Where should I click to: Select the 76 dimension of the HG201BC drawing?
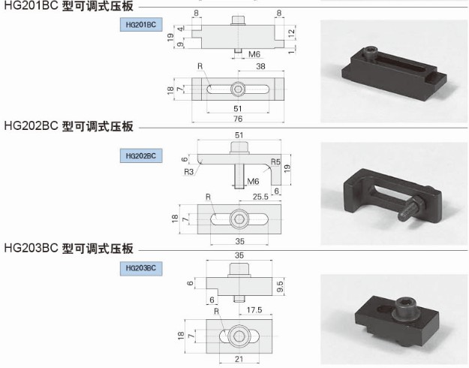(238, 118)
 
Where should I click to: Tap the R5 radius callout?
(275, 161)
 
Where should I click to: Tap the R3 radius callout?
(189, 171)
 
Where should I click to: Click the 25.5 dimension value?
(260, 198)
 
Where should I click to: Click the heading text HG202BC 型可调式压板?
(69, 126)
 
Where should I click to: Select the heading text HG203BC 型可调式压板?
(69, 248)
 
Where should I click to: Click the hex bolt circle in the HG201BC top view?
(238, 89)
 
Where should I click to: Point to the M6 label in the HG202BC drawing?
(253, 181)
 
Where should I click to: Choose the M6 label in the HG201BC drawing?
(254, 54)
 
